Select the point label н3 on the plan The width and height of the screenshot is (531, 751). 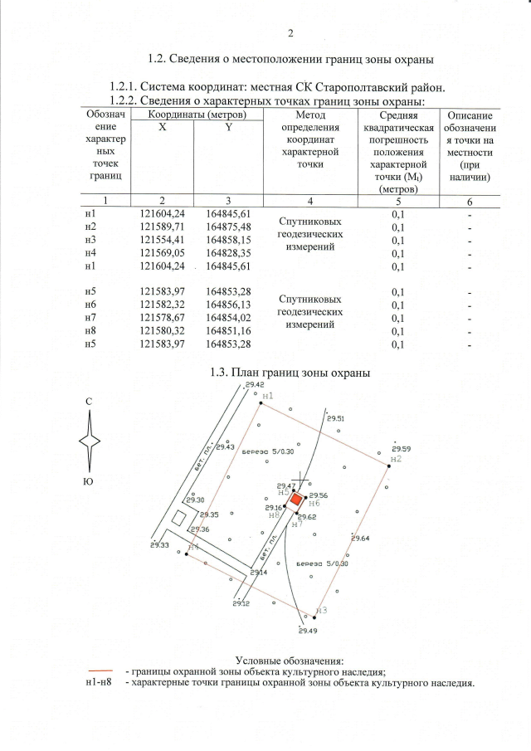click(323, 610)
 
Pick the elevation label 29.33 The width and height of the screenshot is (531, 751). click(160, 545)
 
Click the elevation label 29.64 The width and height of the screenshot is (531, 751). click(360, 539)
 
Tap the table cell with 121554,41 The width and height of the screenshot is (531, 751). click(161, 240)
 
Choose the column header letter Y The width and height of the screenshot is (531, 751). click(227, 127)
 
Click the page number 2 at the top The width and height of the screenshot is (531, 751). click(290, 34)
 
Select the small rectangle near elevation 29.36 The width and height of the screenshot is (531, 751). click(178, 518)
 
